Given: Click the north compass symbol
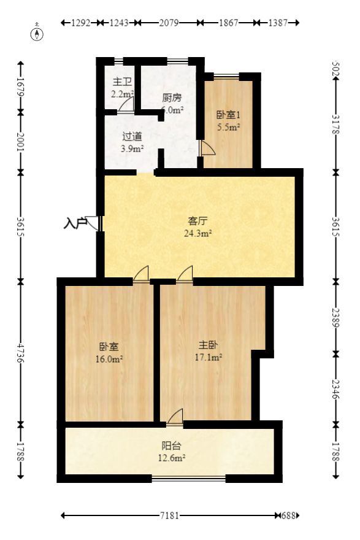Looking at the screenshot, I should (x=38, y=32).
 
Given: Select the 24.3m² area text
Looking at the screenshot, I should (x=197, y=233).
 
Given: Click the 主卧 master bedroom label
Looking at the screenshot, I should (x=208, y=345).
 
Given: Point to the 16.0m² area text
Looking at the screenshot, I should (x=110, y=359).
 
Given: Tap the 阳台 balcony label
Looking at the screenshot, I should (x=171, y=445).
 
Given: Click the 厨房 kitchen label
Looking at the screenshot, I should (x=172, y=98).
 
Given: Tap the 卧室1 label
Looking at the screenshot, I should (x=228, y=115).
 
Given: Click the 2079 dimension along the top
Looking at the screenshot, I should (x=169, y=23).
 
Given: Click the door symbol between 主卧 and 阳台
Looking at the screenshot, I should (x=175, y=417).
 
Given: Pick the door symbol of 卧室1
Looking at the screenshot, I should (x=207, y=148).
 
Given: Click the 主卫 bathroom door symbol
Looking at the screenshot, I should (x=126, y=106).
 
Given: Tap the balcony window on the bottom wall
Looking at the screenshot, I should (x=189, y=478).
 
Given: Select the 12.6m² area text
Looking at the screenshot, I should (x=171, y=457).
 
